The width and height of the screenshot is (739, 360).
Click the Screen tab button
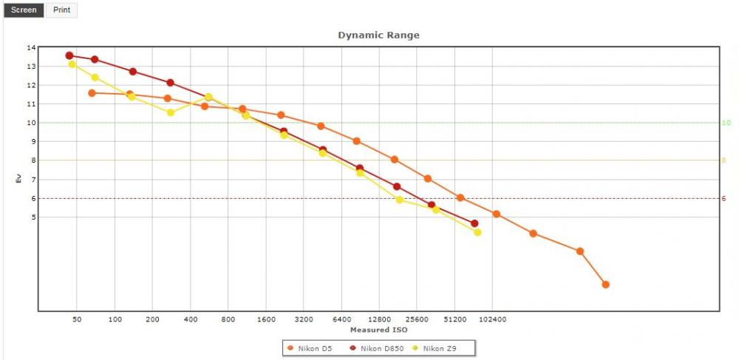(24, 10)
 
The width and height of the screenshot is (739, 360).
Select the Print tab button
(62, 10)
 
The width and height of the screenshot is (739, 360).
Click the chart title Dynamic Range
(378, 35)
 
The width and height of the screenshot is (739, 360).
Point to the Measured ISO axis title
(379, 330)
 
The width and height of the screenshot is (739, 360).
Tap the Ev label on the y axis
(19, 179)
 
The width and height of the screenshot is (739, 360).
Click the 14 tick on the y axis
(31, 47)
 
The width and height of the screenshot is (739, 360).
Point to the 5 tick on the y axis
(33, 217)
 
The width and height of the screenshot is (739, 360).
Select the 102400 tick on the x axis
(492, 319)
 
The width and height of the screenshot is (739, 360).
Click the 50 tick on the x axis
(77, 319)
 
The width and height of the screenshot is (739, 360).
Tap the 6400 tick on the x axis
(341, 319)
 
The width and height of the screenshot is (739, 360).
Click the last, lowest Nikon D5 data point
(606, 285)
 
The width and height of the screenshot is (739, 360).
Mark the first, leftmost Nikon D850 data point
(69, 55)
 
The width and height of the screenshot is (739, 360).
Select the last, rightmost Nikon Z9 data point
(477, 232)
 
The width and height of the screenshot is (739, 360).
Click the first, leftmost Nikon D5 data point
(92, 93)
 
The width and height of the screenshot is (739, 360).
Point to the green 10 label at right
(726, 123)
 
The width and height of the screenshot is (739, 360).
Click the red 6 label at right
(724, 198)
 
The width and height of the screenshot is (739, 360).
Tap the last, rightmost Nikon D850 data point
(474, 223)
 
